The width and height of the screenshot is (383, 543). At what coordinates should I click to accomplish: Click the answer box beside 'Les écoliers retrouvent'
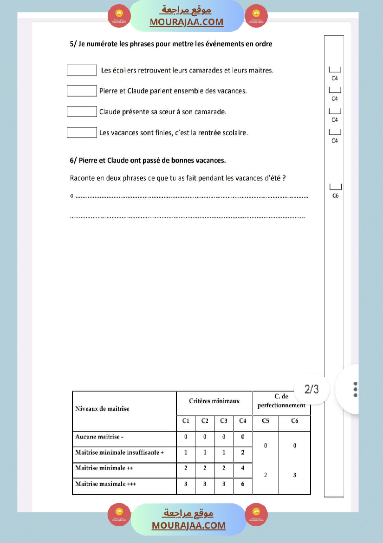coord(82,70)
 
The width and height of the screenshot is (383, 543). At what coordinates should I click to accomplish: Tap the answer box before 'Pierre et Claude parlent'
coord(82,91)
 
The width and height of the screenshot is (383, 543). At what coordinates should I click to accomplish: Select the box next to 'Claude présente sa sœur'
coord(82,111)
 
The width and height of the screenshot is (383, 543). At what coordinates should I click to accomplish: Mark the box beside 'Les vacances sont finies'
coord(82,132)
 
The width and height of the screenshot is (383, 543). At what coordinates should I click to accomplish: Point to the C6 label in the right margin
coord(335,196)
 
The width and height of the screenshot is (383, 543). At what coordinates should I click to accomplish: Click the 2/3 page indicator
coord(312,389)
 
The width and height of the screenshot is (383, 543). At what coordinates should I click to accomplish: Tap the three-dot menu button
coord(355,389)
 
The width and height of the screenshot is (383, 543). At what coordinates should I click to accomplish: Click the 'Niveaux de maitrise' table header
coord(102,409)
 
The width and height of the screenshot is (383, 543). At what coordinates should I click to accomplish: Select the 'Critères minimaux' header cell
coord(214,401)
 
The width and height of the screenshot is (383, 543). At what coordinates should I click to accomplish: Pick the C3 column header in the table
coord(224,421)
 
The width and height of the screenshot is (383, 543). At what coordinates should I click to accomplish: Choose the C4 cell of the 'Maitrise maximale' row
coord(242,484)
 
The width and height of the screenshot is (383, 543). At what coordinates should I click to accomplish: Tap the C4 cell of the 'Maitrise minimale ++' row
coord(242,468)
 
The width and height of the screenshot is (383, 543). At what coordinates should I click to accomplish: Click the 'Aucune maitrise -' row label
coord(99,437)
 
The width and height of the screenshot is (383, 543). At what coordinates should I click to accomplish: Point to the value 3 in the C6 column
coord(294,475)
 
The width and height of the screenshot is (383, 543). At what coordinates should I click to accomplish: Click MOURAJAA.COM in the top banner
coord(186,22)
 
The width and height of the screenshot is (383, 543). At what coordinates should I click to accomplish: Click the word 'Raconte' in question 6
coord(83,178)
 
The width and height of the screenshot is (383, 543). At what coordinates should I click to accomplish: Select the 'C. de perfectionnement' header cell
coord(281,401)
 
